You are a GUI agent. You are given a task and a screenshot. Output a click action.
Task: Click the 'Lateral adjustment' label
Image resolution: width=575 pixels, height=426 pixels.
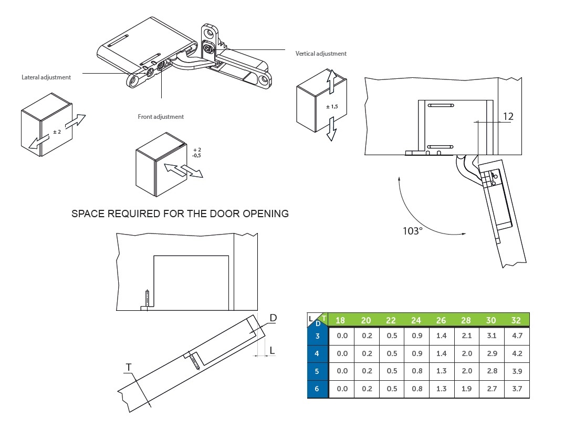click(46, 77)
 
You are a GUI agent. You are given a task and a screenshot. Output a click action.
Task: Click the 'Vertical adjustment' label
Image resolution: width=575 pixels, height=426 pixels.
click(321, 54)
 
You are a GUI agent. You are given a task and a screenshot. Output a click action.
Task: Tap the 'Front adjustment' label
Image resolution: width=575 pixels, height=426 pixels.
click(161, 117)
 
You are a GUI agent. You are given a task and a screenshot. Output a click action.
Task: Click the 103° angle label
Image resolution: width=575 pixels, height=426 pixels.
click(413, 231)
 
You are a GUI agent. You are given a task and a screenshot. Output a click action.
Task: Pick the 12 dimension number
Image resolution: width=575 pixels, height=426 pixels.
click(507, 116)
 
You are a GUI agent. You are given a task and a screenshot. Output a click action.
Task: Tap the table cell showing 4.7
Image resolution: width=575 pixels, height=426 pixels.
click(517, 336)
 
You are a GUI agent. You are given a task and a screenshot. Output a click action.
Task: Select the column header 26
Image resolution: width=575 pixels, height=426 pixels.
click(441, 320)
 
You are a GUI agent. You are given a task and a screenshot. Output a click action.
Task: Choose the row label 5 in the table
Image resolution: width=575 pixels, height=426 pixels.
click(317, 371)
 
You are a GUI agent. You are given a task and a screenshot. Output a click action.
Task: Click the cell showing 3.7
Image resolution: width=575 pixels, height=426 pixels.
click(517, 389)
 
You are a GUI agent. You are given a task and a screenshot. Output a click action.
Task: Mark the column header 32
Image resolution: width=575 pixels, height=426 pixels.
click(517, 320)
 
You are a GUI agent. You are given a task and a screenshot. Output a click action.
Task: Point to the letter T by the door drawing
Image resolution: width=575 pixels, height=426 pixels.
click(128, 367)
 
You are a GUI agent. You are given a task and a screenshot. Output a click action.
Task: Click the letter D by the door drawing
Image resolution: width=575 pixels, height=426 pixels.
click(273, 318)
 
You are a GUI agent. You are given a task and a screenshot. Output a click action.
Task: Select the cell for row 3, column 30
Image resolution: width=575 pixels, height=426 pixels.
click(492, 336)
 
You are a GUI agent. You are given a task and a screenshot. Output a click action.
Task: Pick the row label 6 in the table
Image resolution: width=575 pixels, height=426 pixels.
click(317, 389)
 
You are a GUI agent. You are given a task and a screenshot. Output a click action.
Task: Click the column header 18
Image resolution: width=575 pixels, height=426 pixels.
click(341, 320)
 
